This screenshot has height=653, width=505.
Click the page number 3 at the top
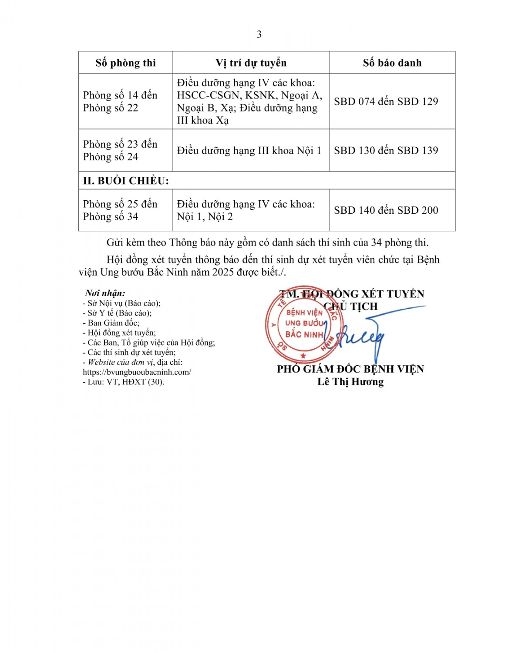click(x=259, y=34)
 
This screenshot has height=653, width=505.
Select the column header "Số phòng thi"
click(x=125, y=63)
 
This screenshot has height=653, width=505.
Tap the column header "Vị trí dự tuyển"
click(x=251, y=63)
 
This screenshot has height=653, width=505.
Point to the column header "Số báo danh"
click(x=392, y=63)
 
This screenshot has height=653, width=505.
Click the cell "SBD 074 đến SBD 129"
click(x=386, y=101)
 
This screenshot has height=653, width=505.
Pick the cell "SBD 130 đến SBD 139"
click(x=386, y=150)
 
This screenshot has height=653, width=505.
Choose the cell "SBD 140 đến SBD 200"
click(x=386, y=210)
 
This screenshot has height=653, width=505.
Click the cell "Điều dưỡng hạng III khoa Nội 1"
click(x=249, y=150)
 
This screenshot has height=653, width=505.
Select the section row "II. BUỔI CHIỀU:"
click(x=126, y=181)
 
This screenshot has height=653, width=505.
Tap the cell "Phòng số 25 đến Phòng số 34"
click(x=120, y=210)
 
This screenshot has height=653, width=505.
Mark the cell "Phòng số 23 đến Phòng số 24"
click(x=120, y=150)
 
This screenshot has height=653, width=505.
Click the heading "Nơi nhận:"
click(x=105, y=293)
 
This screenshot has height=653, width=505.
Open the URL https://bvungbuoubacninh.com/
click(x=137, y=372)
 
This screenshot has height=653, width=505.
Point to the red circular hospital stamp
click(x=304, y=323)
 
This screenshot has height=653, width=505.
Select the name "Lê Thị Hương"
click(x=350, y=382)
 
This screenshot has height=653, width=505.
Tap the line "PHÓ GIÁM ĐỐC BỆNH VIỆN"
click(x=350, y=369)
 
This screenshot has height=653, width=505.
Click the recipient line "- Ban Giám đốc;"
click(x=111, y=323)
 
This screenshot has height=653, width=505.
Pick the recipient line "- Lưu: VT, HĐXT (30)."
click(x=123, y=382)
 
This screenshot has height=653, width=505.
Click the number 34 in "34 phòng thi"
click(x=376, y=242)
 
